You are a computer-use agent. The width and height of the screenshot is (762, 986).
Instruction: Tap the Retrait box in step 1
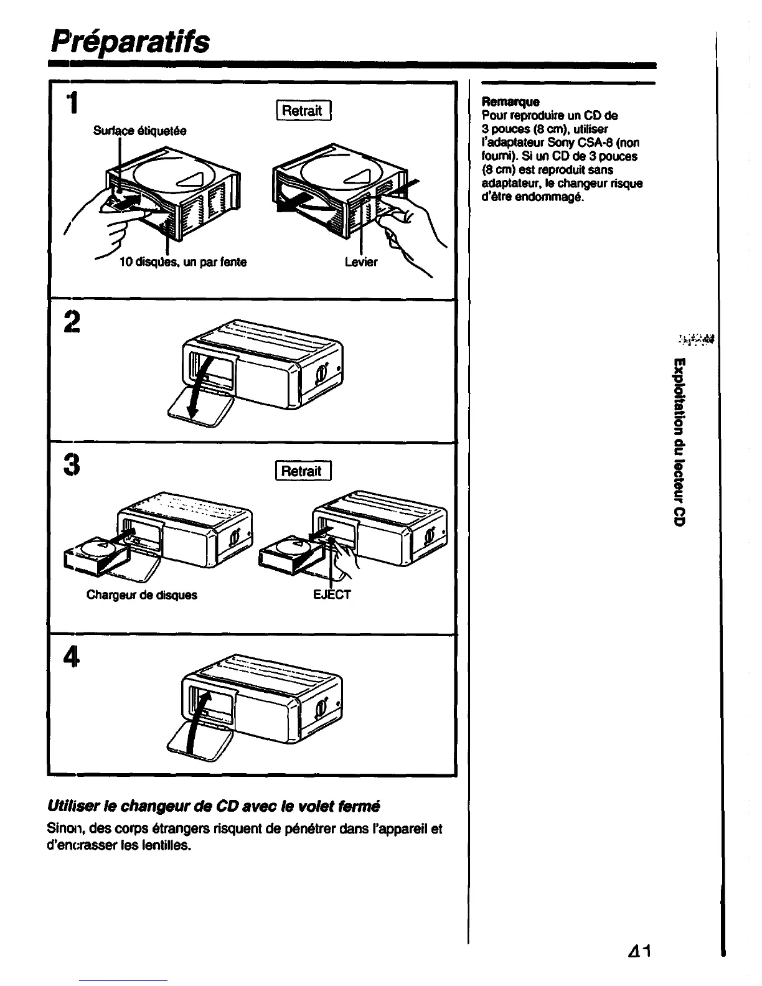(303, 111)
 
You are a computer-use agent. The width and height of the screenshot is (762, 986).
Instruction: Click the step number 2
(72, 322)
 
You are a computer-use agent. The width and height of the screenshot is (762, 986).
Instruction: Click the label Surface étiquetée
(139, 131)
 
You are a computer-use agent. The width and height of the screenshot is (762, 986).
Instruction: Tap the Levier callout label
(361, 262)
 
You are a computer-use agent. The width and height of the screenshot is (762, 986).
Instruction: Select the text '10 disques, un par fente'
(182, 262)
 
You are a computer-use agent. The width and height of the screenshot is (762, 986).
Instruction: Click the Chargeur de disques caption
(141, 594)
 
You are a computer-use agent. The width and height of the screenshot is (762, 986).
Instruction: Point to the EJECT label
(332, 594)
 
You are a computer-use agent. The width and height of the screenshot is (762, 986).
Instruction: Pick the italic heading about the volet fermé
(214, 806)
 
